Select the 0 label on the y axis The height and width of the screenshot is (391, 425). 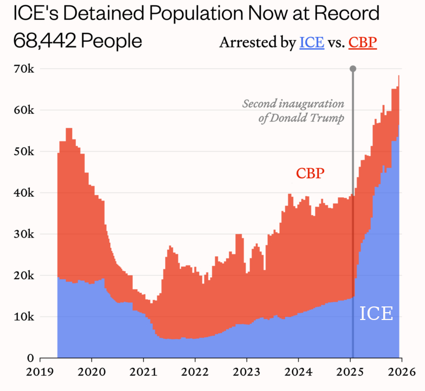pyautogui.click(x=30, y=358)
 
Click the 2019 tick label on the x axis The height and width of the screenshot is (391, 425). pyautogui.click(x=40, y=372)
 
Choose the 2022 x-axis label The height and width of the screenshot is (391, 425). pyautogui.click(x=195, y=372)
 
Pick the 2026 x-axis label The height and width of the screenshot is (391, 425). pyautogui.click(x=401, y=372)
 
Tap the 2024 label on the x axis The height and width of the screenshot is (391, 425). pyautogui.click(x=298, y=372)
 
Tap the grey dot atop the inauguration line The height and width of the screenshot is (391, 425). pyautogui.click(x=353, y=69)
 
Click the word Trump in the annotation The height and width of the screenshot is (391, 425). pyautogui.click(x=328, y=118)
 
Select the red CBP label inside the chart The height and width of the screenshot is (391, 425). pyautogui.click(x=311, y=173)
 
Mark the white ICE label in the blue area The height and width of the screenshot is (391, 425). pyautogui.click(x=376, y=313)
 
